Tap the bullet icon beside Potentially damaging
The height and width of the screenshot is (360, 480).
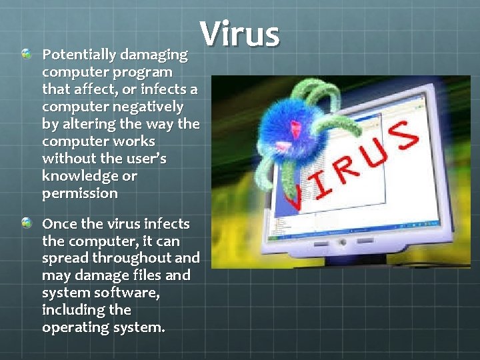[x=26, y=53]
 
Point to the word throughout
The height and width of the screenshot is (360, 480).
[x=132, y=258]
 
